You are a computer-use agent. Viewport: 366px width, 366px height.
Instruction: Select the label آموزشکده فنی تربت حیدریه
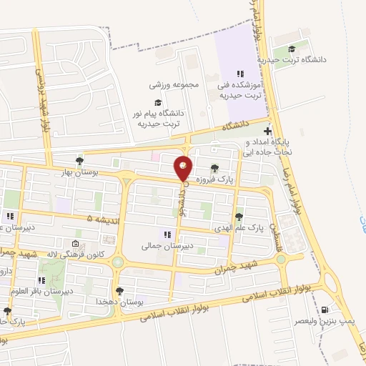[241, 90]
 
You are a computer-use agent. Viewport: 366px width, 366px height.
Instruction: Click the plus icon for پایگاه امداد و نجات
[267, 132]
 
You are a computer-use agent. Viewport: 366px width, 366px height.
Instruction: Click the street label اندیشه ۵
[99, 218]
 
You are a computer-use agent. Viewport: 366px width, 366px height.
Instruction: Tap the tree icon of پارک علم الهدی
[238, 216]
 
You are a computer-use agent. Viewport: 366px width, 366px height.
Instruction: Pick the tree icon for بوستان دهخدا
[119, 291]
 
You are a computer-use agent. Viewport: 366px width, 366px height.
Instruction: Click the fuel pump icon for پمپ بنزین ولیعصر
[327, 310]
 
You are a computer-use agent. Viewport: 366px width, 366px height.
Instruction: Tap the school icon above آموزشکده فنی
[241, 73]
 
